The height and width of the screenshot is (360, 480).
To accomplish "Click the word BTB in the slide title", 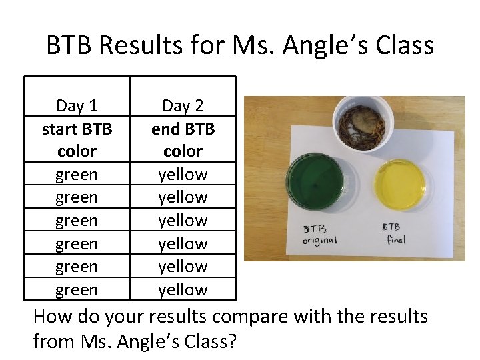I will (x=71, y=46).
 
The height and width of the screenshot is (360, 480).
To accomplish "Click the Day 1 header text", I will (x=77, y=105).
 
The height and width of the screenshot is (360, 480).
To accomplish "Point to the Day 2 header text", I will (x=183, y=105).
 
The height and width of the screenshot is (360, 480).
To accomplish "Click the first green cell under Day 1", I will (x=77, y=175).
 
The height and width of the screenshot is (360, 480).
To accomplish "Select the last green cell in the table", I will (x=77, y=290).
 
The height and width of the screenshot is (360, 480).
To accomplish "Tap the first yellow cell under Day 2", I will (x=183, y=175).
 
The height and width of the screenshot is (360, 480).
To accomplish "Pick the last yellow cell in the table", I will (x=183, y=290).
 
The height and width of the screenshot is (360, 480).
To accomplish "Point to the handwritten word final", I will (x=396, y=239).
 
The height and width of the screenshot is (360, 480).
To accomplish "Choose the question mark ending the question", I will (x=233, y=343).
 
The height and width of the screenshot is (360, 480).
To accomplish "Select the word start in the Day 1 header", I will (x=60, y=129).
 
